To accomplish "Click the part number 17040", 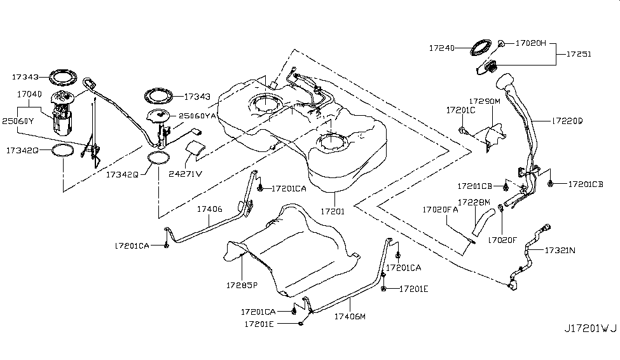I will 29,93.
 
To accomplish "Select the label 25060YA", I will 198,116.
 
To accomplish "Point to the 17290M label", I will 485,101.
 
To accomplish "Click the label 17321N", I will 559,251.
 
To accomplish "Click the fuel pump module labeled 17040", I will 62,114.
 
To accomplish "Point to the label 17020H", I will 530,44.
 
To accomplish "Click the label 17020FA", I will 440,209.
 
